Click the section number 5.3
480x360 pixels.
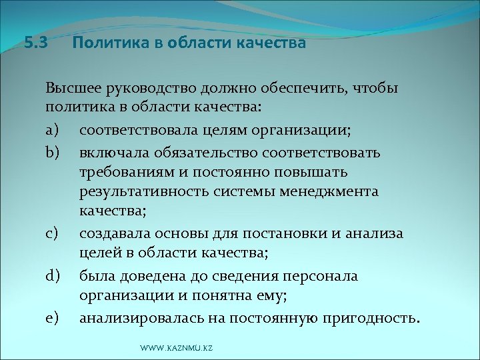(x=36, y=44)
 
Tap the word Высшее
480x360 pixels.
(x=69, y=89)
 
